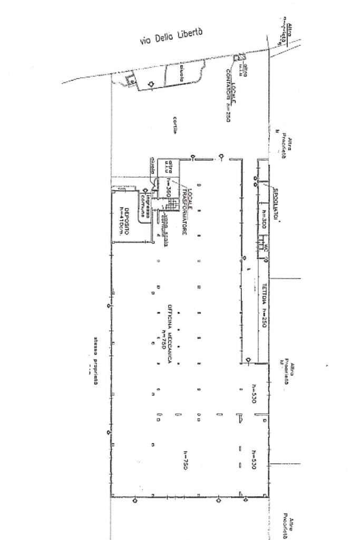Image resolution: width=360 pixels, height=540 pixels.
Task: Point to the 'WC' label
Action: [x=267, y=247]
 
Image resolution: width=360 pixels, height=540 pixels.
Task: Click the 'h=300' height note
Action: [x=264, y=219]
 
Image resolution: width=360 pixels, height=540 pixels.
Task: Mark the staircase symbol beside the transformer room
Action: [x=170, y=204]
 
